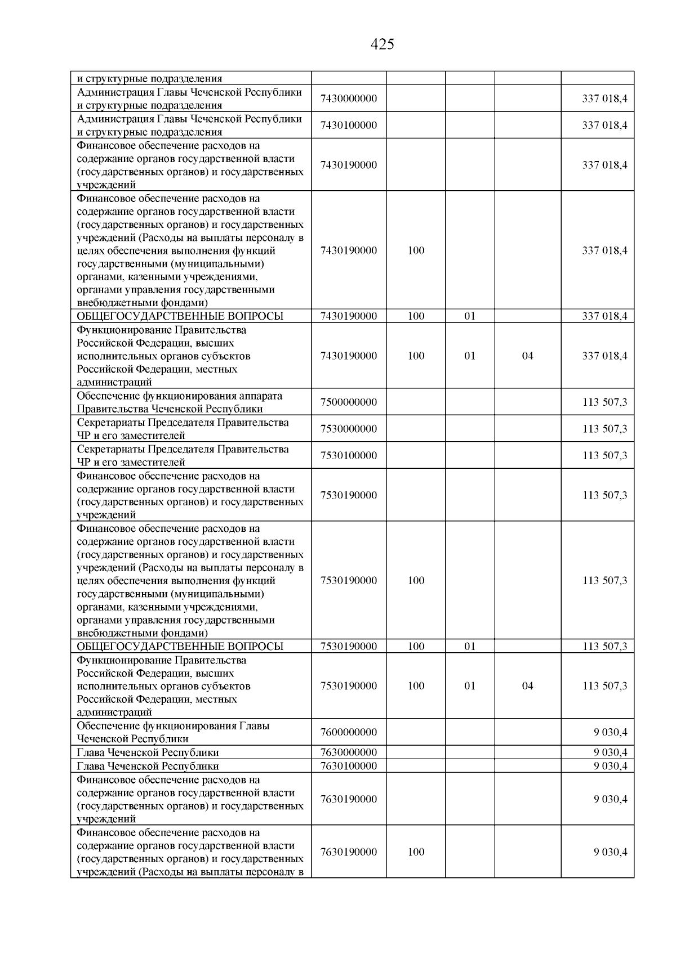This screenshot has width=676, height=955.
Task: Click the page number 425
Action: point(383,44)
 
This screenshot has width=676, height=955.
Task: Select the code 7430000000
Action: point(348,99)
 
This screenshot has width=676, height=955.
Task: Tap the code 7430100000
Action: point(348,125)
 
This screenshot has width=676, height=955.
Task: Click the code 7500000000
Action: point(348,402)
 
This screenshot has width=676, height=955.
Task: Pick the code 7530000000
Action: point(348,429)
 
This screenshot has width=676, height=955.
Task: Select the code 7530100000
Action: point(348,455)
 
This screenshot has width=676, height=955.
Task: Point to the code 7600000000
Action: point(348,732)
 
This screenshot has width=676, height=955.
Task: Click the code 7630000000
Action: point(348,752)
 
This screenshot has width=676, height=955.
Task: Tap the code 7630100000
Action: point(348,766)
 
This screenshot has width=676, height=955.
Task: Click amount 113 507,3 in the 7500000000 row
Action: point(604,402)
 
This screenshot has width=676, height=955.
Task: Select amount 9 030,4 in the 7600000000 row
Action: point(610,732)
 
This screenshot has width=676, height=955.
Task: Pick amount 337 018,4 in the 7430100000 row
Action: point(604,125)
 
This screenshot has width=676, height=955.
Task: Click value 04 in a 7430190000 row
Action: point(527,356)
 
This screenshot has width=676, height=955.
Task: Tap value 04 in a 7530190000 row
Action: point(527,686)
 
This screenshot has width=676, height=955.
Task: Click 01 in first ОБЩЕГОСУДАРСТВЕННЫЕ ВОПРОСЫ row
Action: point(469,316)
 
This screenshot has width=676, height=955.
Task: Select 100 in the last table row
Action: point(416,852)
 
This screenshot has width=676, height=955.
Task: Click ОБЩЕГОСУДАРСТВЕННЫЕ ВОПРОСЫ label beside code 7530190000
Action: point(180,647)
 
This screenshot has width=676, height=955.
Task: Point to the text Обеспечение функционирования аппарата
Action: point(179,396)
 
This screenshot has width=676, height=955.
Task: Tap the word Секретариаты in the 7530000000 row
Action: point(111,423)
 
